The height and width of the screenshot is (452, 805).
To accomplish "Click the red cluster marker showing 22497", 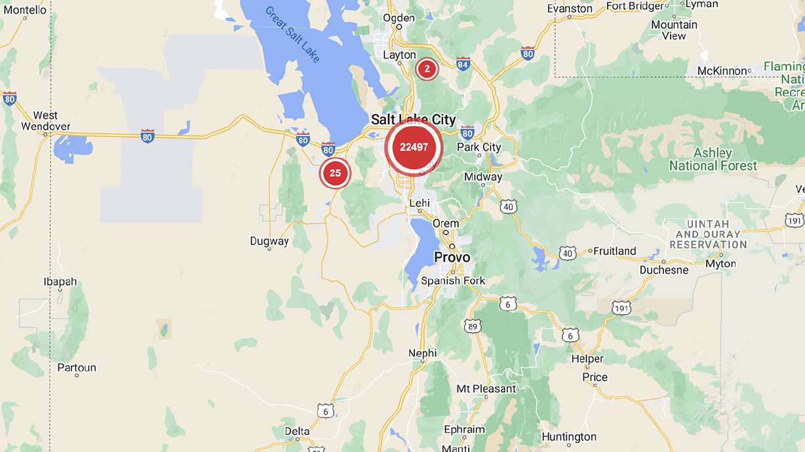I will (414, 147).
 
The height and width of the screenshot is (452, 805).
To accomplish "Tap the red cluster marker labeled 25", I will (335, 173).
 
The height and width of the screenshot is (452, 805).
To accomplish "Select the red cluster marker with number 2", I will (427, 68).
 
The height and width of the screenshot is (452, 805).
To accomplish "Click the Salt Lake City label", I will (413, 119).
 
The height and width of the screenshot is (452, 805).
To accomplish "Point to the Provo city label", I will (452, 257).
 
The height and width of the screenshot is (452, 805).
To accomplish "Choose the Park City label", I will (479, 147).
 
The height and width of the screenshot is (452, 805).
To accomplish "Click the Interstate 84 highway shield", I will (463, 64).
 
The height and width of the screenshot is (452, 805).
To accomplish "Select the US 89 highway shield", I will (474, 326).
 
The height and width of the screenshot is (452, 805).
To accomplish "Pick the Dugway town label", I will (269, 241).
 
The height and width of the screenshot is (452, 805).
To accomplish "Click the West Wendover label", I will (45, 121).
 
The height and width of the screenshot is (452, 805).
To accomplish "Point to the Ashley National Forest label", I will (713, 159).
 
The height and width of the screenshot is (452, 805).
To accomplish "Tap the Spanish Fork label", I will (453, 281).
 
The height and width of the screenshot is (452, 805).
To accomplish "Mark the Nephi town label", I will (422, 353).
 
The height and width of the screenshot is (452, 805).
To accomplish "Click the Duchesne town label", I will (665, 270).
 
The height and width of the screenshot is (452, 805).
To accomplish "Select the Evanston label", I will (570, 9).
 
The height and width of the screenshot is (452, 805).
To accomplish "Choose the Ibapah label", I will (60, 282).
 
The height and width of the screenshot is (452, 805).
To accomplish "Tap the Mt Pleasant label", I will (486, 388).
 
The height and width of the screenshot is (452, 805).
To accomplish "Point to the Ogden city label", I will (399, 18).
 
